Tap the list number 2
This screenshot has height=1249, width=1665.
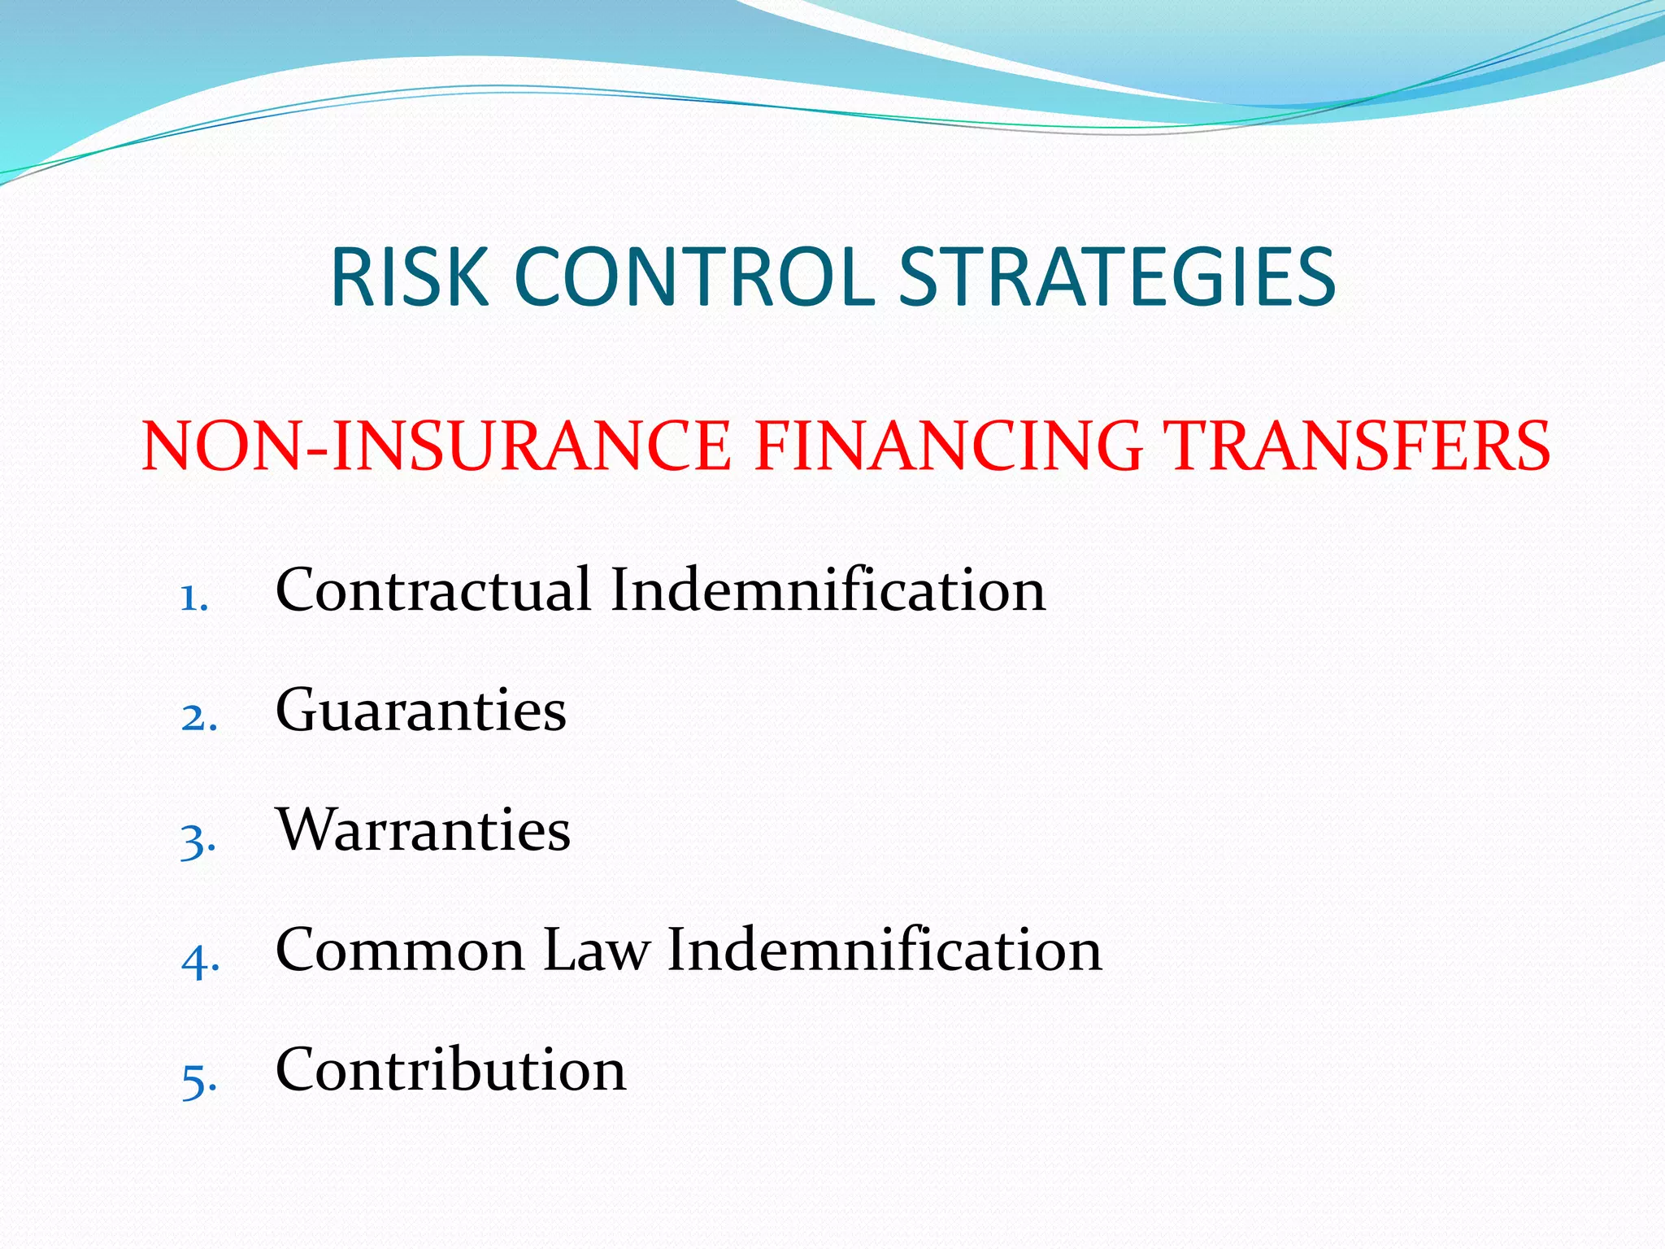coord(198,719)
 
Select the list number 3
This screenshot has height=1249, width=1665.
coord(198,839)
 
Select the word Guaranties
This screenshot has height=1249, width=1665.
coord(420,710)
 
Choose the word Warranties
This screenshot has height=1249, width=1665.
coord(423,829)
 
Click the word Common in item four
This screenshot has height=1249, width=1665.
coord(400,949)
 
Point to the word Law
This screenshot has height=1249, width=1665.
coord(597,949)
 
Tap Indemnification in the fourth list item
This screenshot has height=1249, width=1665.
coord(885,949)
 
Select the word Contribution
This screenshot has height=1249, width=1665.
coord(450,1068)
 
